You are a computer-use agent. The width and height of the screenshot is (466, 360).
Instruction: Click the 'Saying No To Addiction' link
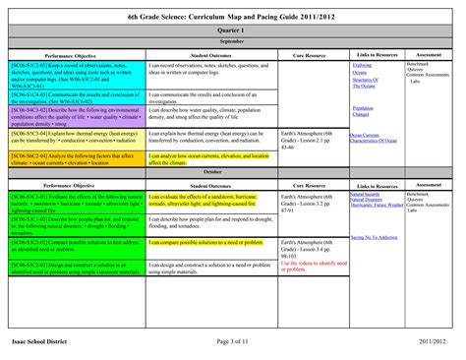[x=373, y=237]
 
